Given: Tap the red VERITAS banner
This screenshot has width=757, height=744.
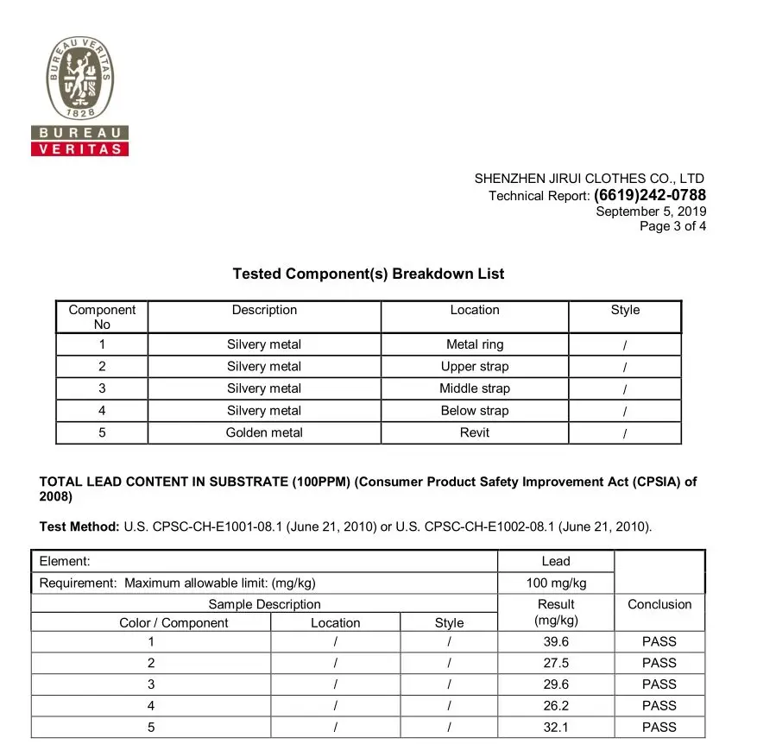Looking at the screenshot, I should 79,148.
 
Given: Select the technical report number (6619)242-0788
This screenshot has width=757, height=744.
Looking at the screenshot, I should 650,195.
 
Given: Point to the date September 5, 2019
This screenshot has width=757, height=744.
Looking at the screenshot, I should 651,211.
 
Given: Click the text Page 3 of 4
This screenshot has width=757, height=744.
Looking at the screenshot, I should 672,227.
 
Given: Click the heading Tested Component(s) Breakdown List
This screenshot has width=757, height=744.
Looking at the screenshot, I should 369,274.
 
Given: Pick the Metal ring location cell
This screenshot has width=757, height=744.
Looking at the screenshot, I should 475,344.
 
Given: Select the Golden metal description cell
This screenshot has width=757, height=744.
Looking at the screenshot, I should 264,432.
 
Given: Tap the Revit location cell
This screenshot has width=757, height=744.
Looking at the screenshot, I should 475,432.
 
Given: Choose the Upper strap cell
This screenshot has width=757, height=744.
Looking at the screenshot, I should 475,366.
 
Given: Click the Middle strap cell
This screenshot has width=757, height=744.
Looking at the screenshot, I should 475,388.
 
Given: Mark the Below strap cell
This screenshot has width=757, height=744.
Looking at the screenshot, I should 475,411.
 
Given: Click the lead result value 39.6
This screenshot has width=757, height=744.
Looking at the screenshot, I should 556,641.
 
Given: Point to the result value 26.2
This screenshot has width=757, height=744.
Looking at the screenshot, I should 556,705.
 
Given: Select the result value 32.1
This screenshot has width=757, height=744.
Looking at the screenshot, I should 556,727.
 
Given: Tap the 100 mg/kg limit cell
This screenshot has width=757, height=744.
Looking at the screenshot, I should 556,583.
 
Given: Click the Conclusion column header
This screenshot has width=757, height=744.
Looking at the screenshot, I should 659,604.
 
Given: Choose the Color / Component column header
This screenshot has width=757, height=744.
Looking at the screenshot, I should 173,622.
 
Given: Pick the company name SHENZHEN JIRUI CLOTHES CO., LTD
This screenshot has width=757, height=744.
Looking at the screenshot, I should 590,179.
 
